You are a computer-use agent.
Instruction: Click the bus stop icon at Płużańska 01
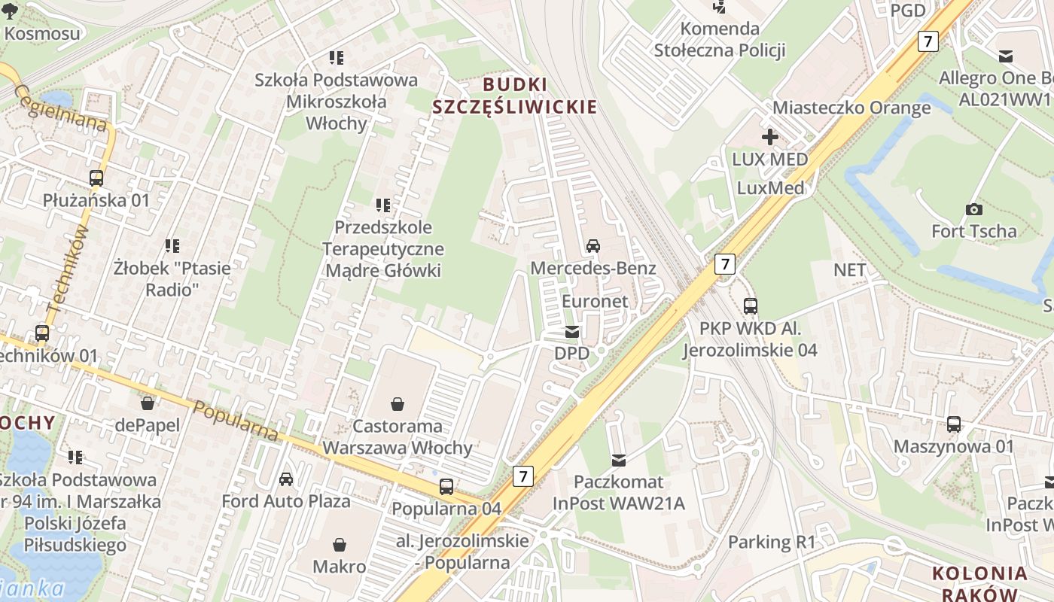(x=96, y=178)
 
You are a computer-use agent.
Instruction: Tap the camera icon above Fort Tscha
(x=973, y=209)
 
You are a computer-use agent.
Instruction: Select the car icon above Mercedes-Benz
(x=593, y=246)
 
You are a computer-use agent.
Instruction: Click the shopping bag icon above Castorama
(x=398, y=404)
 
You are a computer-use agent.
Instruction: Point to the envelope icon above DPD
(x=572, y=332)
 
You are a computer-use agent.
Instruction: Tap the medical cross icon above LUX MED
(x=769, y=137)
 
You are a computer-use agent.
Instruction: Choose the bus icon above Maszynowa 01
(x=954, y=424)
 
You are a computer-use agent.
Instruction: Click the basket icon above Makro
(x=340, y=544)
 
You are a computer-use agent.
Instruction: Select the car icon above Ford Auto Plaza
(x=286, y=479)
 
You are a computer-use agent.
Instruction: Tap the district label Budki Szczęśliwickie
(x=514, y=96)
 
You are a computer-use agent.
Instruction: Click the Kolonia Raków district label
(x=979, y=583)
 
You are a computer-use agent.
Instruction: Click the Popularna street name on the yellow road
(x=236, y=421)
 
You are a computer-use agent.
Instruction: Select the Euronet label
(x=595, y=301)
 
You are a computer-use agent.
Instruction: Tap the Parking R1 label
(x=772, y=542)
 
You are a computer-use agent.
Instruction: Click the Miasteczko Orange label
(x=851, y=108)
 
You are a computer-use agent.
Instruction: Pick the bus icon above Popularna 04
(x=446, y=487)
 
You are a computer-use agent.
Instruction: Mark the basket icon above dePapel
(x=148, y=403)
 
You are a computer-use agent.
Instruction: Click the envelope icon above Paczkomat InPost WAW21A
(x=619, y=460)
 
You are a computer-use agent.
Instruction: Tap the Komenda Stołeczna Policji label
(x=720, y=39)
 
